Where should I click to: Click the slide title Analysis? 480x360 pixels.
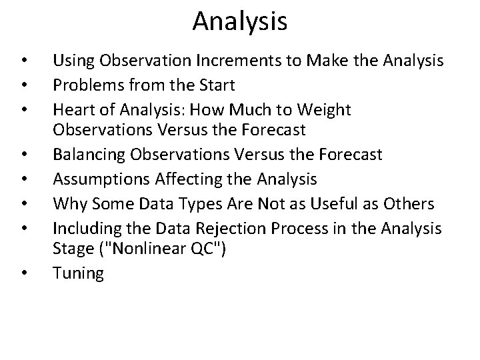pyautogui.click(x=240, y=21)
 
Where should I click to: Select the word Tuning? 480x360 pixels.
pyautogui.click(x=79, y=273)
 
